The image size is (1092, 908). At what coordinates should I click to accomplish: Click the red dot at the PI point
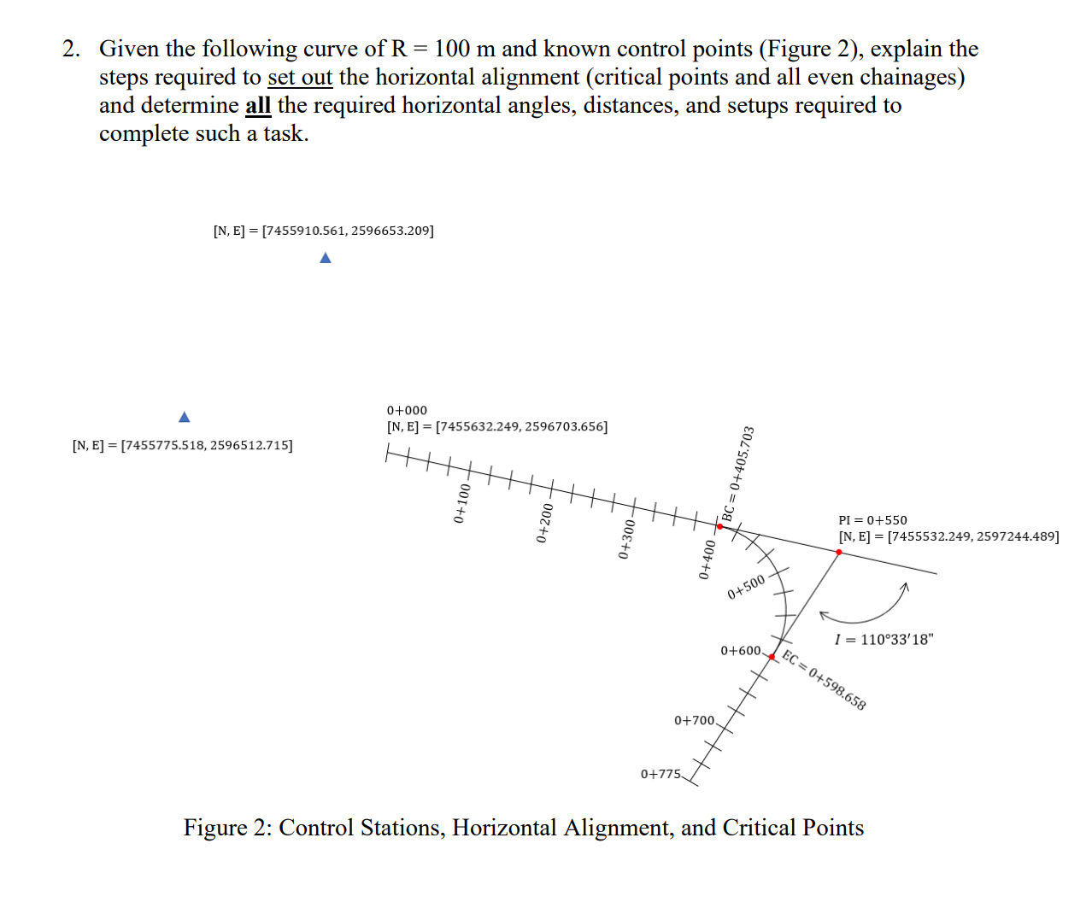click(839, 553)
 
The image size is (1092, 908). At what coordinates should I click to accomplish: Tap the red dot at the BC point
click(719, 527)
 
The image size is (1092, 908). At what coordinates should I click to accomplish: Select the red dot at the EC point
click(772, 657)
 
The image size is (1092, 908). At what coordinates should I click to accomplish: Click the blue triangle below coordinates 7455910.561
click(325, 258)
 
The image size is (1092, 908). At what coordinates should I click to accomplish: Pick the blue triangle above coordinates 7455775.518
click(185, 417)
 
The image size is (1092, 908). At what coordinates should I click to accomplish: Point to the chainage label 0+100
click(461, 503)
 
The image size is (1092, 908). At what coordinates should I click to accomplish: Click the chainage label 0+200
click(544, 523)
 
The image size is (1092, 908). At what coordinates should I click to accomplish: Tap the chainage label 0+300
click(627, 539)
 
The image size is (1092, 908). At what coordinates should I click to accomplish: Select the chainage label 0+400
click(707, 559)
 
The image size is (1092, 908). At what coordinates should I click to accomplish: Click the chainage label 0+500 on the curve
click(747, 587)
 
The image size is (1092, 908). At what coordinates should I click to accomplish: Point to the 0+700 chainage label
click(694, 721)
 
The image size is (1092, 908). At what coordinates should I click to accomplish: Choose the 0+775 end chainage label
click(660, 775)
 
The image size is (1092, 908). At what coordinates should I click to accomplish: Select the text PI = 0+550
click(872, 520)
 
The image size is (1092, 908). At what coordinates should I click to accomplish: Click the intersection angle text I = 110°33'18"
click(884, 640)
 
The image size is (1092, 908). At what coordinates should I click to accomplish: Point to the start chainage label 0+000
click(407, 411)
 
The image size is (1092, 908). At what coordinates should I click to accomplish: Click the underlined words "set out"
click(300, 78)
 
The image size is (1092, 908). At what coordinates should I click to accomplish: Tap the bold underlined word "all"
click(258, 106)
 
